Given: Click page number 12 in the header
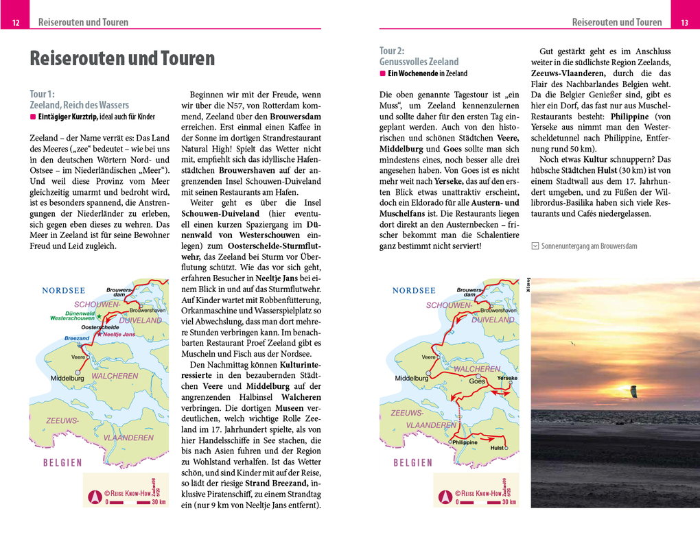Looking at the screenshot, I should [x=16, y=23].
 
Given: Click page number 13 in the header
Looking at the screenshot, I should [x=684, y=23].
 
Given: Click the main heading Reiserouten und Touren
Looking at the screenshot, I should [x=122, y=59].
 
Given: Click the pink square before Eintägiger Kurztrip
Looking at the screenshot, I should [x=33, y=117].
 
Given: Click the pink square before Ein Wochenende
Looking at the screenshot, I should [x=383, y=73].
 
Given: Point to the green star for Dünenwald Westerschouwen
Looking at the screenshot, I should [x=99, y=316].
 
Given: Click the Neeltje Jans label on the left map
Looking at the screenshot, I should [x=118, y=334].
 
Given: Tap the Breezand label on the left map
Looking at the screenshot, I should [x=77, y=338].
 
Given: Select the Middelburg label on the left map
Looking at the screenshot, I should [x=67, y=378].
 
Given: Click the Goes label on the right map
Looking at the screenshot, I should [x=477, y=381].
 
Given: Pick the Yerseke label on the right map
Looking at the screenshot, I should [x=506, y=378].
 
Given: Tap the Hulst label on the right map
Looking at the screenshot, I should [x=498, y=448].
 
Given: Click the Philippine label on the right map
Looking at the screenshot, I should [x=465, y=442].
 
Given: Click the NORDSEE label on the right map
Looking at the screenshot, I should [x=414, y=290].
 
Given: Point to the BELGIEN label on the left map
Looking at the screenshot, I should [x=62, y=462].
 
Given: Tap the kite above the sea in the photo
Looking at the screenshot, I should [x=633, y=391].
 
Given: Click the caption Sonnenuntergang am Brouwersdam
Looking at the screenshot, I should [x=589, y=246].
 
